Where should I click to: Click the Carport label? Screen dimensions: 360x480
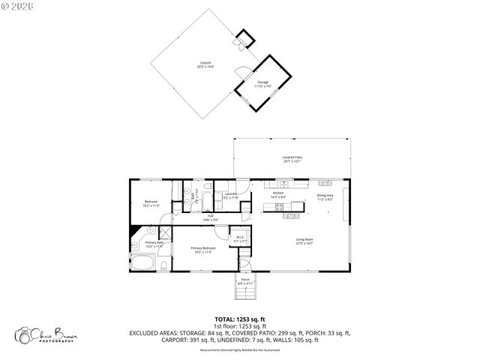[205, 64]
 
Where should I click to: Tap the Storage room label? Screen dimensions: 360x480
[263, 83]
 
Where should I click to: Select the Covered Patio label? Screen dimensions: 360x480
[292, 158]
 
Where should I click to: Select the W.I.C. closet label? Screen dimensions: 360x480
[240, 239]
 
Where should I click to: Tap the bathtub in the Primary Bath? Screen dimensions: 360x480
[142, 262]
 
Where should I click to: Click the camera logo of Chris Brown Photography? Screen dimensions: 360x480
[27, 334]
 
